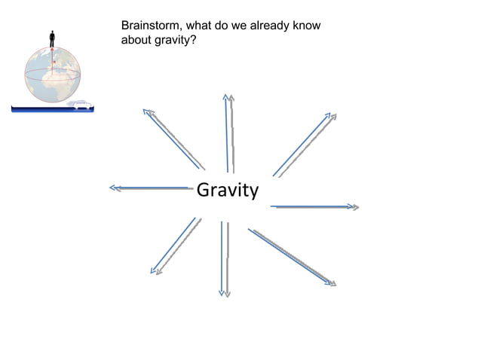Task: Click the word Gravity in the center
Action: [x=227, y=191]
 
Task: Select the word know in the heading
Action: [x=305, y=26]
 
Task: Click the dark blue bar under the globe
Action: [x=52, y=109]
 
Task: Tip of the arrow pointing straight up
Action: [x=227, y=95]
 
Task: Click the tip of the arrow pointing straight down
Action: [x=224, y=294]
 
